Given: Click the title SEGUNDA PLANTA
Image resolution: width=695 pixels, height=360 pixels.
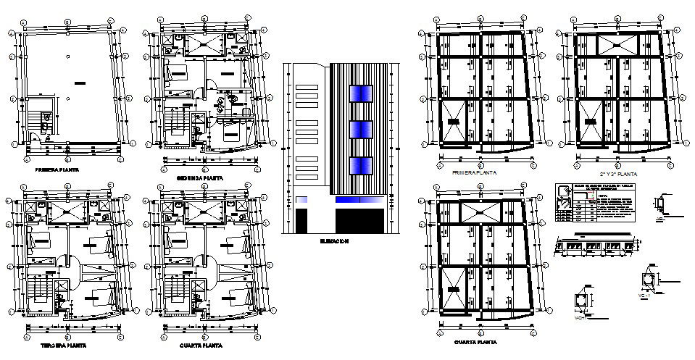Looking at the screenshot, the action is (200, 177).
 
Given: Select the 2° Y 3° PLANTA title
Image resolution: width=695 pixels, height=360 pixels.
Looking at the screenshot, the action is (620, 175).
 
